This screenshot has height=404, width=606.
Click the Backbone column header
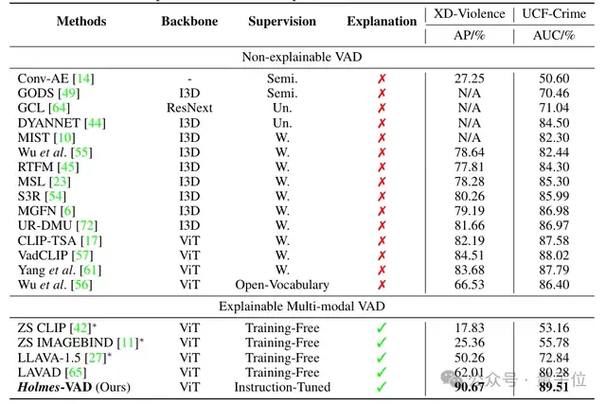click(188, 21)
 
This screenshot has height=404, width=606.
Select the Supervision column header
click(282, 21)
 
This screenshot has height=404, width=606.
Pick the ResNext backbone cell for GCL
click(188, 109)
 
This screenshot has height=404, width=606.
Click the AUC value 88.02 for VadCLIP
click(556, 255)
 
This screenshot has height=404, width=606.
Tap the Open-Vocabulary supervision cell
click(282, 284)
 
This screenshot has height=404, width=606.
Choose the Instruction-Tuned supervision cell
click(282, 387)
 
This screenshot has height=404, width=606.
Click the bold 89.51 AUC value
click(556, 387)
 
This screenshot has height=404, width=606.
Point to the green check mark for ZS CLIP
click(382, 329)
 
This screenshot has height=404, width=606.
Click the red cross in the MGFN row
click(382, 210)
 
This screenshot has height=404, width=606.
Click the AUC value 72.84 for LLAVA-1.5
click(556, 359)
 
